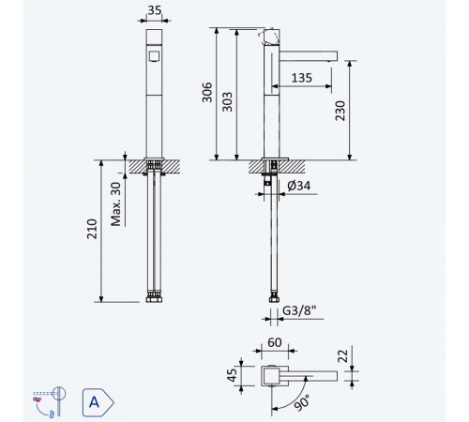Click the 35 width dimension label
pos(155,10)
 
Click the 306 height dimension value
pos(207,92)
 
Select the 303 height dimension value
pos(227,102)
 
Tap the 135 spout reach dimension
pos(302,78)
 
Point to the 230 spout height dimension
pos(340,111)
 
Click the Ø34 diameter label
pos(299,186)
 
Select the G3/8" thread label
pos(299,310)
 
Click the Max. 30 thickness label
pos(116,204)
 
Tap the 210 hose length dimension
pos(92,229)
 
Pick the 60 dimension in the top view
pos(275,342)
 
